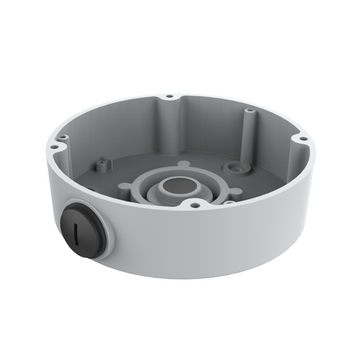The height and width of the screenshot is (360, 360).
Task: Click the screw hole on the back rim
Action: pos(169,97)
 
